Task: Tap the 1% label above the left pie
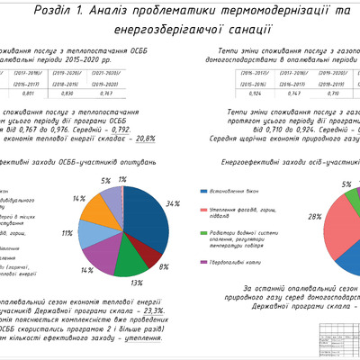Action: (121, 180)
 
